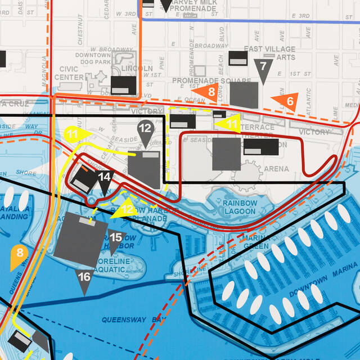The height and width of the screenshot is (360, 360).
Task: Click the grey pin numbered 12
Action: click(x=145, y=129)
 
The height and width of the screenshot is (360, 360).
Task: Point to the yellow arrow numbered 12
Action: click(x=125, y=209)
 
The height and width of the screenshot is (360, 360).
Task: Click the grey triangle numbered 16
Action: click(x=84, y=278)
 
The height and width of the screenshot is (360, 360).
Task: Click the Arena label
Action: click(x=276, y=169)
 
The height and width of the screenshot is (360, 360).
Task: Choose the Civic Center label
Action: click(x=69, y=73)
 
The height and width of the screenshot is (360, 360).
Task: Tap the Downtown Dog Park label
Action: click(x=93, y=58)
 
